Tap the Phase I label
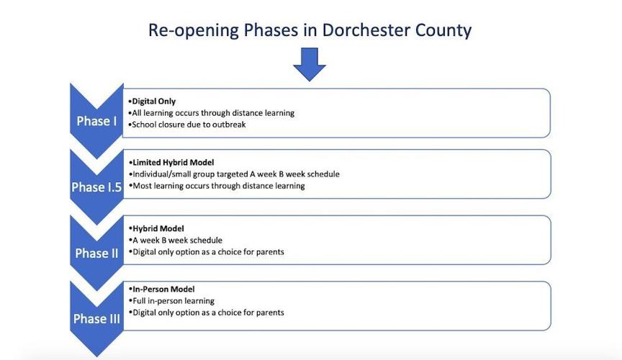point(96,121)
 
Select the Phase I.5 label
point(96,187)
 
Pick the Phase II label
point(96,253)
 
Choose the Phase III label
point(96,319)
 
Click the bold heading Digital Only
point(153,102)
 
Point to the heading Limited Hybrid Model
point(173,163)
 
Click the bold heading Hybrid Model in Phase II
point(158,229)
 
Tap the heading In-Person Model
point(163,289)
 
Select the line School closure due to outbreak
point(188,125)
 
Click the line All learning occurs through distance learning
point(212,113)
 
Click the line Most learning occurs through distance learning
point(217,186)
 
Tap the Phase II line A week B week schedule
point(176,240)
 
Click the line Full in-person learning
point(173,301)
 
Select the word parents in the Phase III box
point(269,312)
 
